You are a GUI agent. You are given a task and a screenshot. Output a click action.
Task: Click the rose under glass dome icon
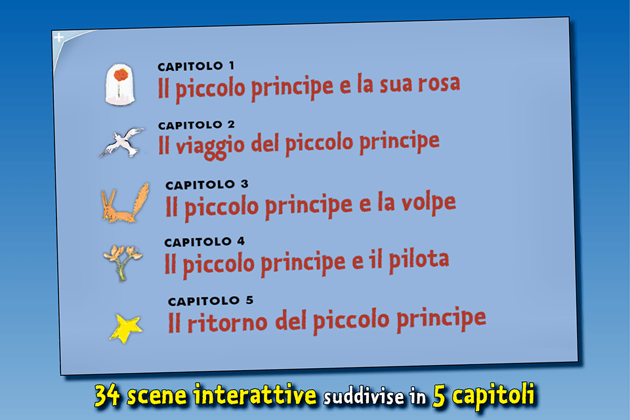[119, 85]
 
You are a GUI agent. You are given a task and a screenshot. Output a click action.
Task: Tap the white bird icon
[122, 142]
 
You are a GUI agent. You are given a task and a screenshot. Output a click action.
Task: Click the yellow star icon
[125, 328]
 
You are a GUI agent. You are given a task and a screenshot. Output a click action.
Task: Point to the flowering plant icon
[123, 262]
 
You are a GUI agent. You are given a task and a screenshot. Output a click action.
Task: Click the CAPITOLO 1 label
[196, 66]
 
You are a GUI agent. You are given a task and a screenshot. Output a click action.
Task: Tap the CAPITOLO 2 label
[196, 125]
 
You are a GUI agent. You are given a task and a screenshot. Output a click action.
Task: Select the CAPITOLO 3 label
[207, 185]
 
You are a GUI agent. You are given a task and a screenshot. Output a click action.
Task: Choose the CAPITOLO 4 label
[205, 242]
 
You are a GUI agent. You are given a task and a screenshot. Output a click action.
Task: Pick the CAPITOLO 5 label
[211, 301]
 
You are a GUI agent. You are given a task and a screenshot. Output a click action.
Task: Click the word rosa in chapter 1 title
[439, 83]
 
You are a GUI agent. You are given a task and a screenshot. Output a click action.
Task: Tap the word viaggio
[210, 146]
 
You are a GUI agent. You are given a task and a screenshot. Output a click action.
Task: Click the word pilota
[419, 260]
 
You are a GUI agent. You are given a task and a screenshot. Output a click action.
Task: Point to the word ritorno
[227, 322]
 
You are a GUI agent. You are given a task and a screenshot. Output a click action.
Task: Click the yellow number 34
[107, 394]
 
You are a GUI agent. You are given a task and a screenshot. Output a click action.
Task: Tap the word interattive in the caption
[255, 394]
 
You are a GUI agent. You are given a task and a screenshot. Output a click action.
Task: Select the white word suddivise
[364, 396]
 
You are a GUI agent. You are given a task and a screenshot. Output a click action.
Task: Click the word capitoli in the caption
[493, 396]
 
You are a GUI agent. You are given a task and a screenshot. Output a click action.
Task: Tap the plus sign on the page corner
[59, 37]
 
